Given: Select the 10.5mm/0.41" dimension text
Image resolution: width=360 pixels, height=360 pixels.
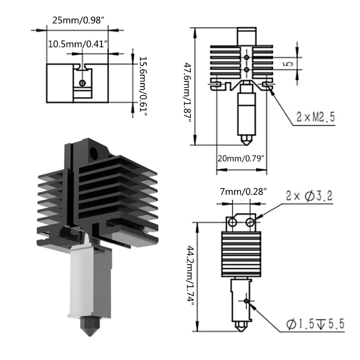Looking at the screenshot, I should coord(77,44).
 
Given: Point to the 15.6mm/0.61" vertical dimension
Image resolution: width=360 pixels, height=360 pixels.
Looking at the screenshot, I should coord(142,87).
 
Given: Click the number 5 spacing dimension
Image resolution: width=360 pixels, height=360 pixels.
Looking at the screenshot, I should coord(289,63).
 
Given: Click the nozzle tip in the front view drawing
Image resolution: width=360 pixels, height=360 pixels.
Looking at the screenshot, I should coord(246,141).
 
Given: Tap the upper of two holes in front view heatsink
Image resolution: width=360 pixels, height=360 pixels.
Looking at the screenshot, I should coord(246,58).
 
